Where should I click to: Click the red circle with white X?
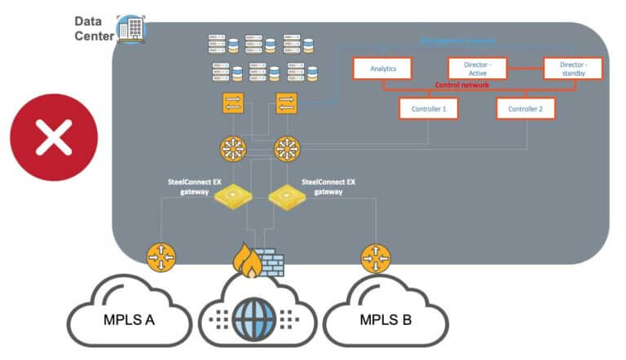tap(54, 136)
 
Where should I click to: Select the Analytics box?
tap(382, 68)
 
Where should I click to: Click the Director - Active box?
tap(479, 68)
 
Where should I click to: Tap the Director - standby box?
tap(574, 68)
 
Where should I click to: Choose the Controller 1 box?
tap(428, 108)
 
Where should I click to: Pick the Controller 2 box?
tap(525, 108)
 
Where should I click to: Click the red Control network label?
tap(461, 85)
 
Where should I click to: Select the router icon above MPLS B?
tap(375, 257)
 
